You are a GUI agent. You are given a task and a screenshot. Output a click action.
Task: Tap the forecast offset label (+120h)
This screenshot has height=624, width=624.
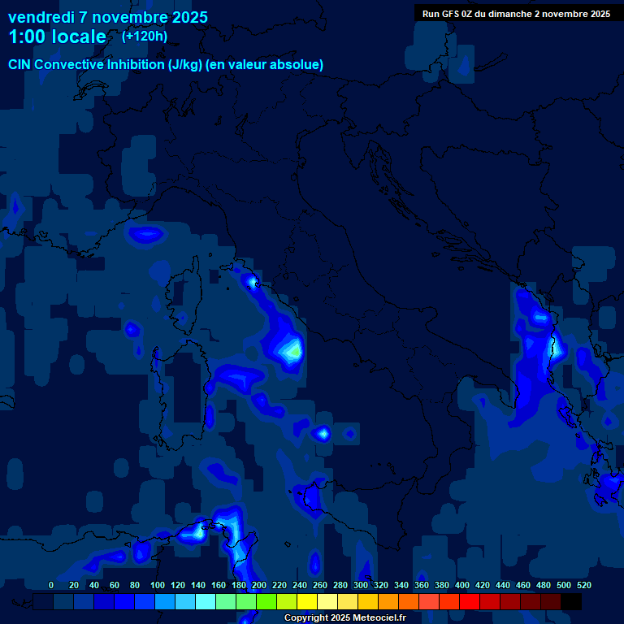145,37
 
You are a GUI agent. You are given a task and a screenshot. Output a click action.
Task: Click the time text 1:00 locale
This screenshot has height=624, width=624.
57,37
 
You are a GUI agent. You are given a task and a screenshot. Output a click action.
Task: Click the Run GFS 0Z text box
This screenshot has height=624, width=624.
516,14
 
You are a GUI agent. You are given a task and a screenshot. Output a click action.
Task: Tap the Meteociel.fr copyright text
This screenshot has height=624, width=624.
344,618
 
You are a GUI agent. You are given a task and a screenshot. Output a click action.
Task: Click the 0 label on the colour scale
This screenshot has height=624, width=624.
51,585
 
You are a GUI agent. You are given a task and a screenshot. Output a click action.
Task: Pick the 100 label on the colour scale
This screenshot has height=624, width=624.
157,585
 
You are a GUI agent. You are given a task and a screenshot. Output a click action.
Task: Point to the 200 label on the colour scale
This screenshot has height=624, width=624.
259,585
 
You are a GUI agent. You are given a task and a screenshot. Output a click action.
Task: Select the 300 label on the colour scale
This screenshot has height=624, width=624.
361,585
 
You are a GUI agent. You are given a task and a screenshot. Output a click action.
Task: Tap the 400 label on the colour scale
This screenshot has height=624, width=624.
462,585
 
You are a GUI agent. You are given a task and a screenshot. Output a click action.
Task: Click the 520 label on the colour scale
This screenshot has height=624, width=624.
584,585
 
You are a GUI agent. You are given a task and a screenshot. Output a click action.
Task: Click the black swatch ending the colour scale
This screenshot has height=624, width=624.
570,601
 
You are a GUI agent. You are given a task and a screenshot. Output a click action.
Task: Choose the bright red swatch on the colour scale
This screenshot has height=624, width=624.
470,601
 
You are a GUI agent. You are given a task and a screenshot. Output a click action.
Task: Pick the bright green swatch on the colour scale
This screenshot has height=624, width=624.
266,601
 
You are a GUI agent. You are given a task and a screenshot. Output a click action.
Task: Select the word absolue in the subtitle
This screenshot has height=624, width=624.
297,65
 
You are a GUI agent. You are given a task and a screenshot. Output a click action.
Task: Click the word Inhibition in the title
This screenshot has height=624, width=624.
136,65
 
